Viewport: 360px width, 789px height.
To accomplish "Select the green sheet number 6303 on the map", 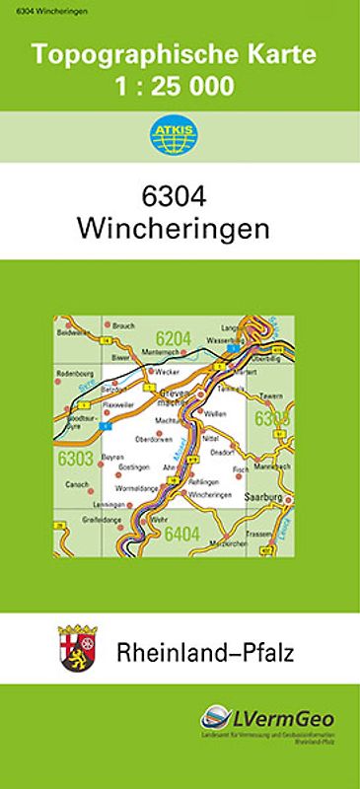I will [x=75, y=458].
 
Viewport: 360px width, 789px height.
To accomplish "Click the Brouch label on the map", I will [x=123, y=325].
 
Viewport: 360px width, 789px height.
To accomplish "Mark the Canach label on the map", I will [x=76, y=484].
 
